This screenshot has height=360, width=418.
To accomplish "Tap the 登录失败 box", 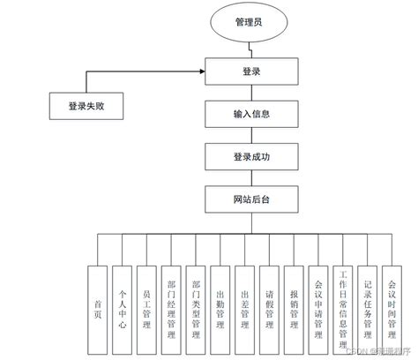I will pyautogui.click(x=86, y=107).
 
